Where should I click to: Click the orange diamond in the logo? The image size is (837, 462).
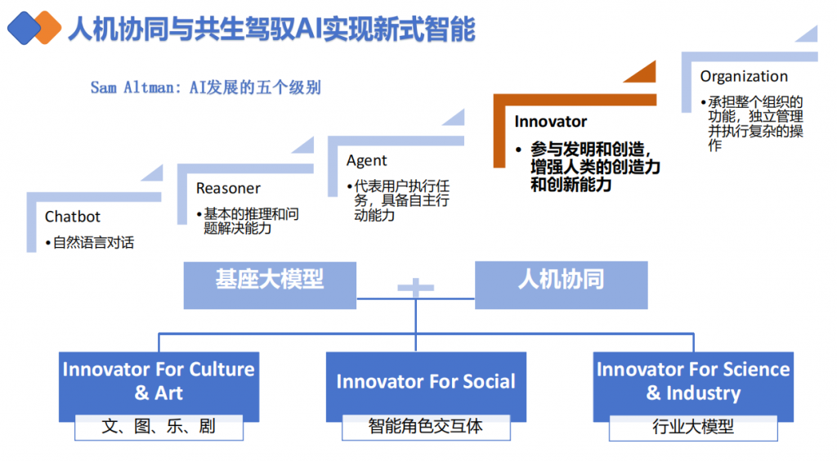point(47,27)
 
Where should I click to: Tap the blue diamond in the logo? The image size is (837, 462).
point(23,28)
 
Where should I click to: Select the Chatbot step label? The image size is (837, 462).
point(73,217)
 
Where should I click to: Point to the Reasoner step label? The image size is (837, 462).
point(228,188)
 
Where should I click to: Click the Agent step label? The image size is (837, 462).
point(367,160)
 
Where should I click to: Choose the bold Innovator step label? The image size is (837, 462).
point(550,122)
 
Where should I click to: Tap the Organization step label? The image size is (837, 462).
point(744,76)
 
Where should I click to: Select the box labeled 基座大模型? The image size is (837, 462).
point(270,285)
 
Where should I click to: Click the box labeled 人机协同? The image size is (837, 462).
point(561,285)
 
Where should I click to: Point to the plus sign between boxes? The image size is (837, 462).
point(416,287)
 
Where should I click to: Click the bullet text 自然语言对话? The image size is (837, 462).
point(93,243)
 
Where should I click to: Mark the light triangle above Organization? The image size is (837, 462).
point(808,34)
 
